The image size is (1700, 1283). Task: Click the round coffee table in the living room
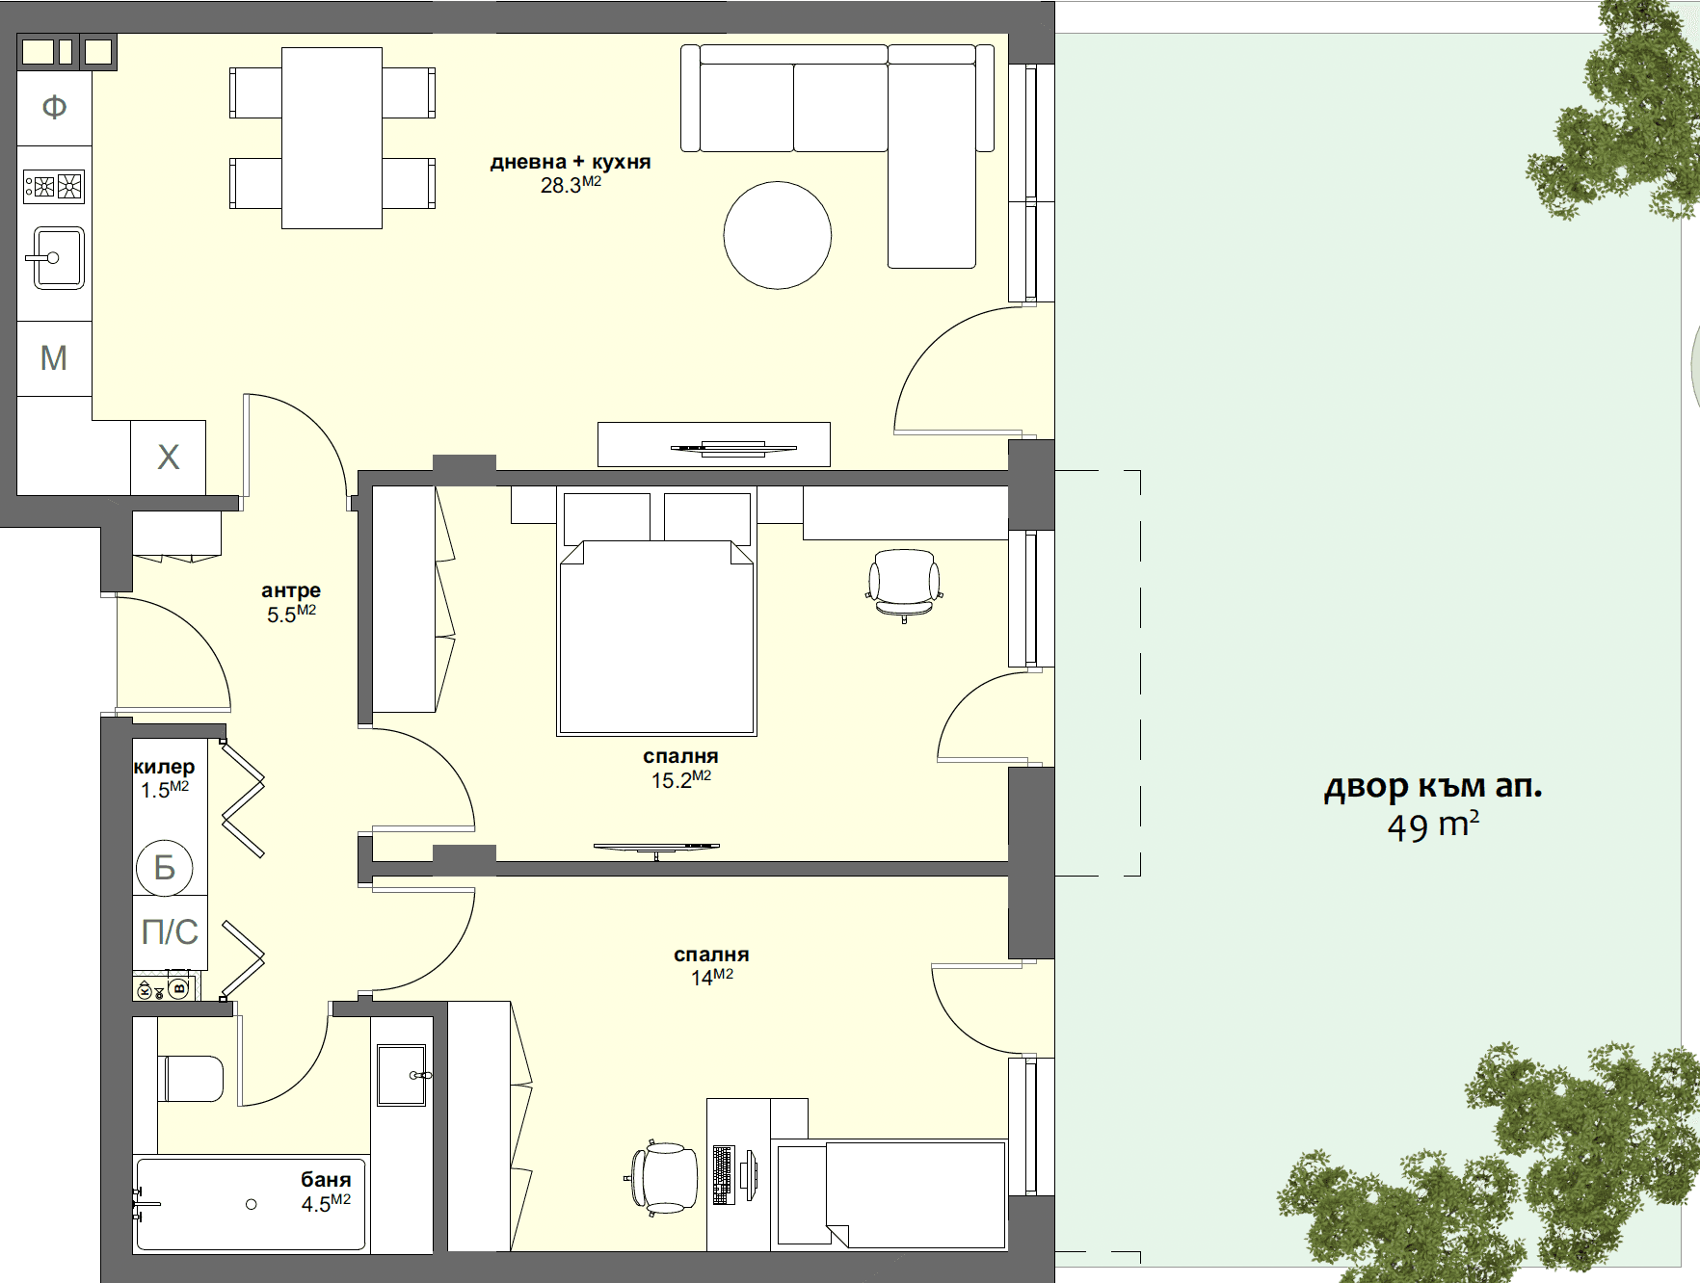[x=777, y=235]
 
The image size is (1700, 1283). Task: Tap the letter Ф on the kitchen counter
[x=55, y=106]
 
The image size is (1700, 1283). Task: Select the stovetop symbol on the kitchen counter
[x=55, y=186]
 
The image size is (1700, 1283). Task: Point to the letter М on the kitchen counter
[x=54, y=358]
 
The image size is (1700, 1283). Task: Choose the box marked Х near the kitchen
[x=169, y=458]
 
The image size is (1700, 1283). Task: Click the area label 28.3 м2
[x=571, y=185]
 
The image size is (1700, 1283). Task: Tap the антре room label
[x=291, y=590]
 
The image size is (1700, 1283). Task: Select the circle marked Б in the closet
[x=165, y=868]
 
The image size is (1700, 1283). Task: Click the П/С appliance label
[x=170, y=932]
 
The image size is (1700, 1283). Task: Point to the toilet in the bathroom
[x=192, y=1079]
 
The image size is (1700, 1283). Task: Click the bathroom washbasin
[x=402, y=1075]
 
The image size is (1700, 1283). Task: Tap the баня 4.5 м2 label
[x=326, y=1191]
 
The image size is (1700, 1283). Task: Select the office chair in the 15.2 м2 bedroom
[x=904, y=583]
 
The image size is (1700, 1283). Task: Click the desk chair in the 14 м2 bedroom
[x=664, y=1177]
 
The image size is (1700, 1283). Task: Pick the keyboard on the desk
[x=723, y=1175]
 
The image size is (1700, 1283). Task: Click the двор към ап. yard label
[x=1433, y=787]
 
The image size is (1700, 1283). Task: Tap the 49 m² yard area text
[x=1433, y=826]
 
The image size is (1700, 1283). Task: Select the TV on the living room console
[x=733, y=448]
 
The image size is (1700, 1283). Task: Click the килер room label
[x=164, y=767]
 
